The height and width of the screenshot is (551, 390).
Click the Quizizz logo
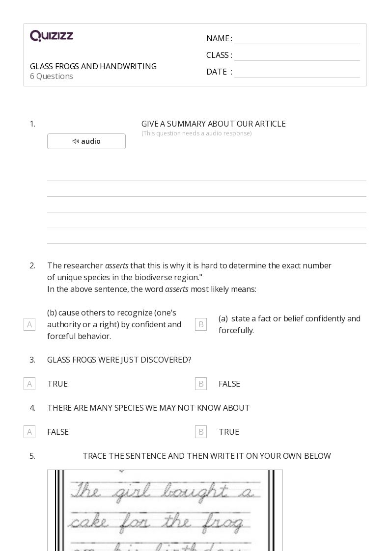point(52,36)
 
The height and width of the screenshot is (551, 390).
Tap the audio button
point(86,141)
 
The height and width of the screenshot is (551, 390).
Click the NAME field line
point(297,39)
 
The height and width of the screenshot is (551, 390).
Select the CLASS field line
point(297,56)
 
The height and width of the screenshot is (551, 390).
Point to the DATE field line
point(297,73)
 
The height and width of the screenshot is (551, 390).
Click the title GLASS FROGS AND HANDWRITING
point(93,66)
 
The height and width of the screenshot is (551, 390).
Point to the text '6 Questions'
point(52,76)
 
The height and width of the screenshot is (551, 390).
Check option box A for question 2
point(29,324)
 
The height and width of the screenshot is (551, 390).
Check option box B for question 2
point(201,324)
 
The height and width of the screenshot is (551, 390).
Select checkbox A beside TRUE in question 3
point(29,384)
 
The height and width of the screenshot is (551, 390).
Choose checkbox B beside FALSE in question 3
point(201,384)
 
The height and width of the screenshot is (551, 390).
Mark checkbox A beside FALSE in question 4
point(29,432)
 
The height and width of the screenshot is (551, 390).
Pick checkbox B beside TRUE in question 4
point(201,432)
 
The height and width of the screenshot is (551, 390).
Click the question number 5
point(32,456)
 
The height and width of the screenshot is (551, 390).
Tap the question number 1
point(32,124)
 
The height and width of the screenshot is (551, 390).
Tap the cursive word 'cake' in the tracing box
point(88,522)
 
